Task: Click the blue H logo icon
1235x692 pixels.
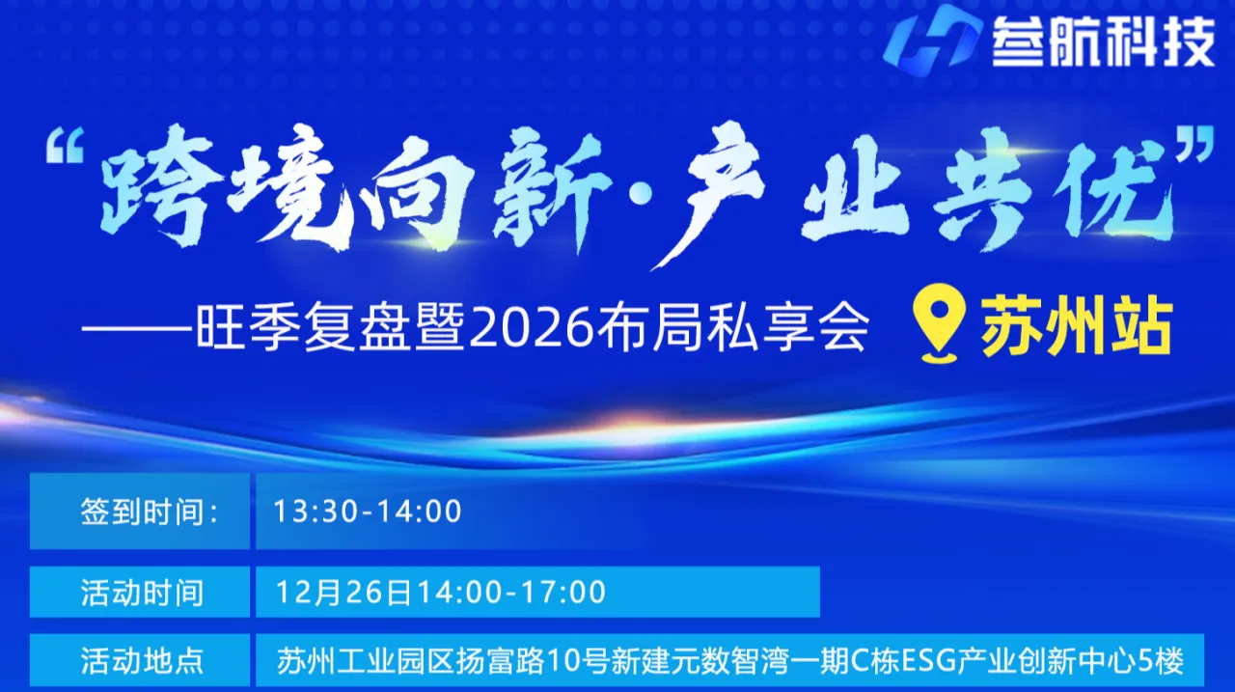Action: click(932, 38)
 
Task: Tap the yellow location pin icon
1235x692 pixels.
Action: click(939, 328)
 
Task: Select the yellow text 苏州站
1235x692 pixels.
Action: click(1077, 327)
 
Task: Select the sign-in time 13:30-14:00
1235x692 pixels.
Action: click(368, 512)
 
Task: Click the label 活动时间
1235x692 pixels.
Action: click(142, 592)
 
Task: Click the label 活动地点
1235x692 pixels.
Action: click(142, 661)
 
